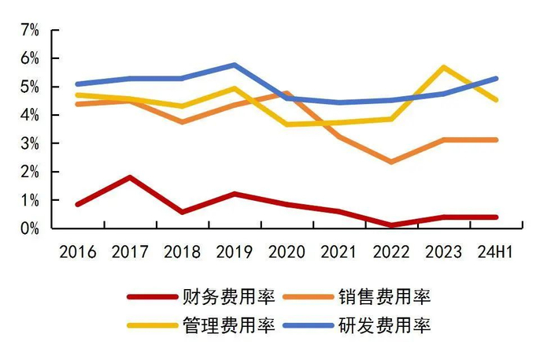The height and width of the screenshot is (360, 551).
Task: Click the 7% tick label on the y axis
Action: [x=29, y=30]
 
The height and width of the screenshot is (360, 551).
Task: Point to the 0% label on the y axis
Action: [x=29, y=228]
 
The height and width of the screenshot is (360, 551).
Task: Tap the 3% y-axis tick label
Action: [x=29, y=143]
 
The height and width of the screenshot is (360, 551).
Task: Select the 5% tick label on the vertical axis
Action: [x=29, y=87]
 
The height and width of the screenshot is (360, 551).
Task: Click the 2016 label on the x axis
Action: [x=77, y=252]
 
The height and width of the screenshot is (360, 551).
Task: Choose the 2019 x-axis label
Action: [x=235, y=252]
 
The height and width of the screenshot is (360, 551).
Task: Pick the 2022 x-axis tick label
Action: [x=392, y=252]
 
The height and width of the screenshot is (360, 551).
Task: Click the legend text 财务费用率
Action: [x=228, y=297]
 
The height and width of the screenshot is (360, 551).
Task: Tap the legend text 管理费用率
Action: [x=228, y=325]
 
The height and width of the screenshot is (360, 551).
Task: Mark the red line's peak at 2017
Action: [x=130, y=177]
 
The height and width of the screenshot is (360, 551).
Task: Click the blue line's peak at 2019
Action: [x=235, y=65]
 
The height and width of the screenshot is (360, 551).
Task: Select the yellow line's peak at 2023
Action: [x=445, y=67]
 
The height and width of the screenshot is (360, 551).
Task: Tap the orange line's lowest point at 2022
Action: [x=392, y=161]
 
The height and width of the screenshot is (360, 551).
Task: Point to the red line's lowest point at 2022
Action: [x=392, y=225]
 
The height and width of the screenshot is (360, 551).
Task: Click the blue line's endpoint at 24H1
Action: [x=497, y=78]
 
